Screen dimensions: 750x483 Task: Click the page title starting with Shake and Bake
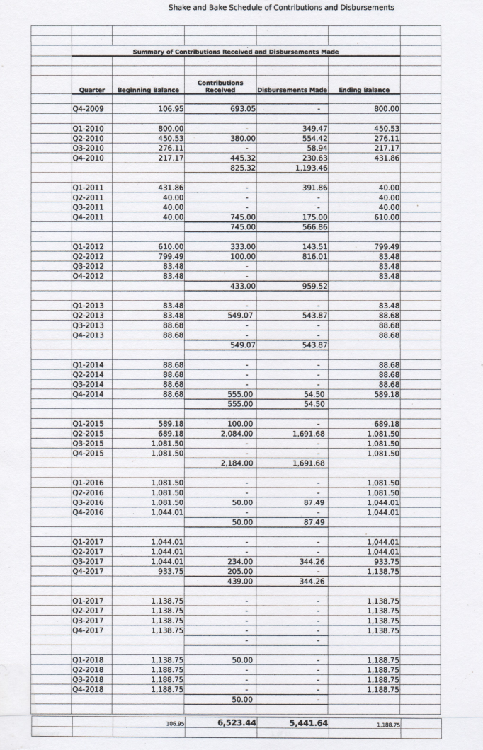(x=281, y=8)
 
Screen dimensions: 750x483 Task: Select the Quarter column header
(x=92, y=91)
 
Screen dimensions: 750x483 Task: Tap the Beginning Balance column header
(x=148, y=91)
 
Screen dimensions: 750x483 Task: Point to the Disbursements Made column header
(x=292, y=91)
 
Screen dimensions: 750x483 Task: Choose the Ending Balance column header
(x=364, y=91)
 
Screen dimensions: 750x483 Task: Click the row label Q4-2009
(x=86, y=110)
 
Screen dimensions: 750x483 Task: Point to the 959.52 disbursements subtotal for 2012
(x=313, y=286)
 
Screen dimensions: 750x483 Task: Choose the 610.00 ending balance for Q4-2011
(x=386, y=217)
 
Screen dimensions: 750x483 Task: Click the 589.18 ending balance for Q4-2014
(x=386, y=394)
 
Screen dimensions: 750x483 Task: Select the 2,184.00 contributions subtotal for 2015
(x=237, y=463)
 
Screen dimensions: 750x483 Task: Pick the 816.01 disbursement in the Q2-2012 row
(x=313, y=255)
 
